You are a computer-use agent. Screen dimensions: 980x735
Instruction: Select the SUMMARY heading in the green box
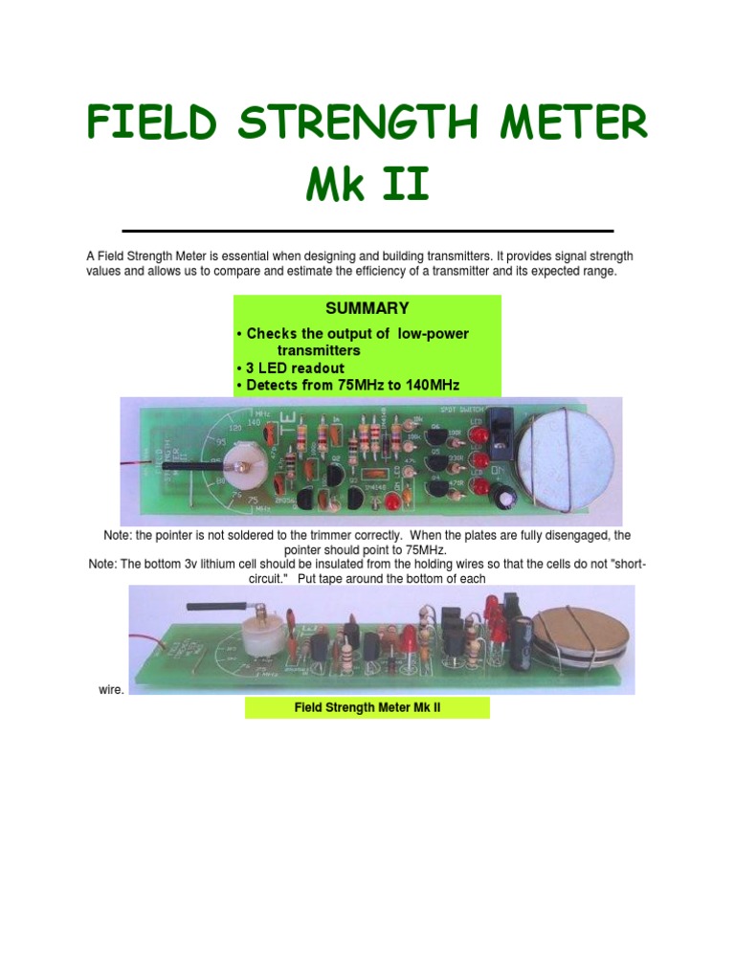[367, 308]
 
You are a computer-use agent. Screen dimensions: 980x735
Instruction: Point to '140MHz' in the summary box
[431, 385]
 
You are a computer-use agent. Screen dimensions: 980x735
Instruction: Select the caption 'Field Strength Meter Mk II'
[367, 708]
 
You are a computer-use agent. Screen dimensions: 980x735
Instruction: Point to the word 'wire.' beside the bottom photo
[111, 689]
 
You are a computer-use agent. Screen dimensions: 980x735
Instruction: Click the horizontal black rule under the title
[367, 231]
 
